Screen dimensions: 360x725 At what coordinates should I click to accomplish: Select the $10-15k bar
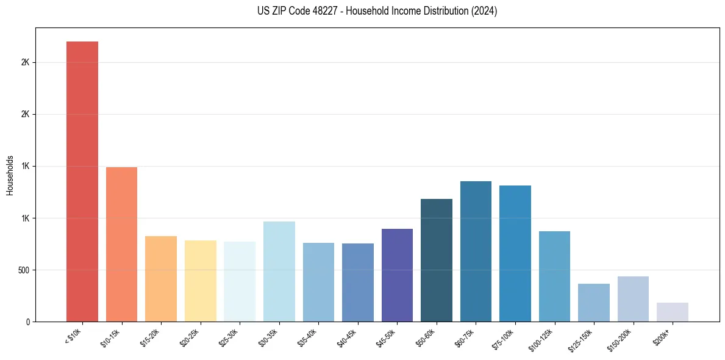click(x=121, y=244)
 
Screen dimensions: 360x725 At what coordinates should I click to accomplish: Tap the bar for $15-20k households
click(x=161, y=278)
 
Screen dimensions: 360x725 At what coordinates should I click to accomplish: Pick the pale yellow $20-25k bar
click(x=200, y=281)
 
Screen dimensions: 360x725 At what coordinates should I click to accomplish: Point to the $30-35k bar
click(x=279, y=271)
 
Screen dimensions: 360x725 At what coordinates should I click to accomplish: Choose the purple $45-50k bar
click(x=397, y=275)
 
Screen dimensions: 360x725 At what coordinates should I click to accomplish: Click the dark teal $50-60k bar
click(x=437, y=260)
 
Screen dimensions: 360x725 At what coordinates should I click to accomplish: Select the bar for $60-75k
click(x=476, y=251)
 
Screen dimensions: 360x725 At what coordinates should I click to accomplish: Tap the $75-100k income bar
click(x=515, y=253)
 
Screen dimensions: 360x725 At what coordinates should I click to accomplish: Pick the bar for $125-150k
click(x=594, y=302)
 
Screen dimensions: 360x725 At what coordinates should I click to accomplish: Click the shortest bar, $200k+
click(x=673, y=312)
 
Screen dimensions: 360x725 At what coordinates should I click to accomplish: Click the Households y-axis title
click(x=10, y=175)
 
